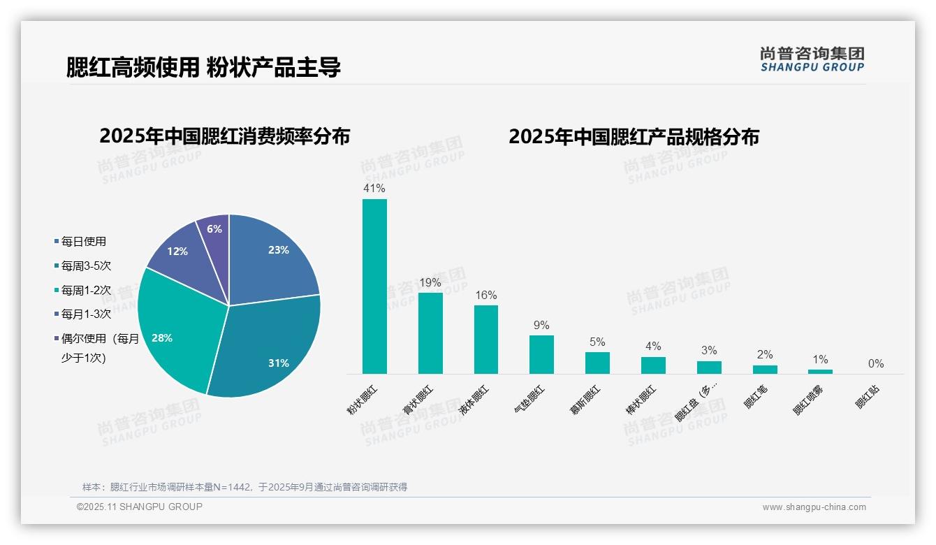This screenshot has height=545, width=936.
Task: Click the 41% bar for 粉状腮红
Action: click(374, 286)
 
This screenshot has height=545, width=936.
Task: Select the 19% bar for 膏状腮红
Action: click(430, 333)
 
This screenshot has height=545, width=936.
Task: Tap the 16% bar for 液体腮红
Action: click(486, 340)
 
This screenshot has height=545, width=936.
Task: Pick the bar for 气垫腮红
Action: click(541, 355)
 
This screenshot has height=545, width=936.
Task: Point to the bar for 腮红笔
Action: click(765, 370)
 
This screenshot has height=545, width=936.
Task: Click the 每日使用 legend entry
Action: click(83, 242)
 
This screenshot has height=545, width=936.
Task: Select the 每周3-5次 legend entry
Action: click(86, 266)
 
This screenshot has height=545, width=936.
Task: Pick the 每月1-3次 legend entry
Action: click(86, 314)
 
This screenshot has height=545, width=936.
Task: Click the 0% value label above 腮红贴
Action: click(876, 364)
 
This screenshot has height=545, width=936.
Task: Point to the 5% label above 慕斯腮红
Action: click(597, 342)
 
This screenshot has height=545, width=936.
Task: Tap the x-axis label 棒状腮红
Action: click(641, 400)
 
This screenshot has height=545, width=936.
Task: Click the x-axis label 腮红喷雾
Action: click(808, 401)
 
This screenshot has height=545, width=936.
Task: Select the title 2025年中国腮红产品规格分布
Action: click(634, 136)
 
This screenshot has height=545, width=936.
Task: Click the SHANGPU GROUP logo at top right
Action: click(812, 59)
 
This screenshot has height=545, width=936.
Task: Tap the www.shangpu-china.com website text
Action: click(814, 507)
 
